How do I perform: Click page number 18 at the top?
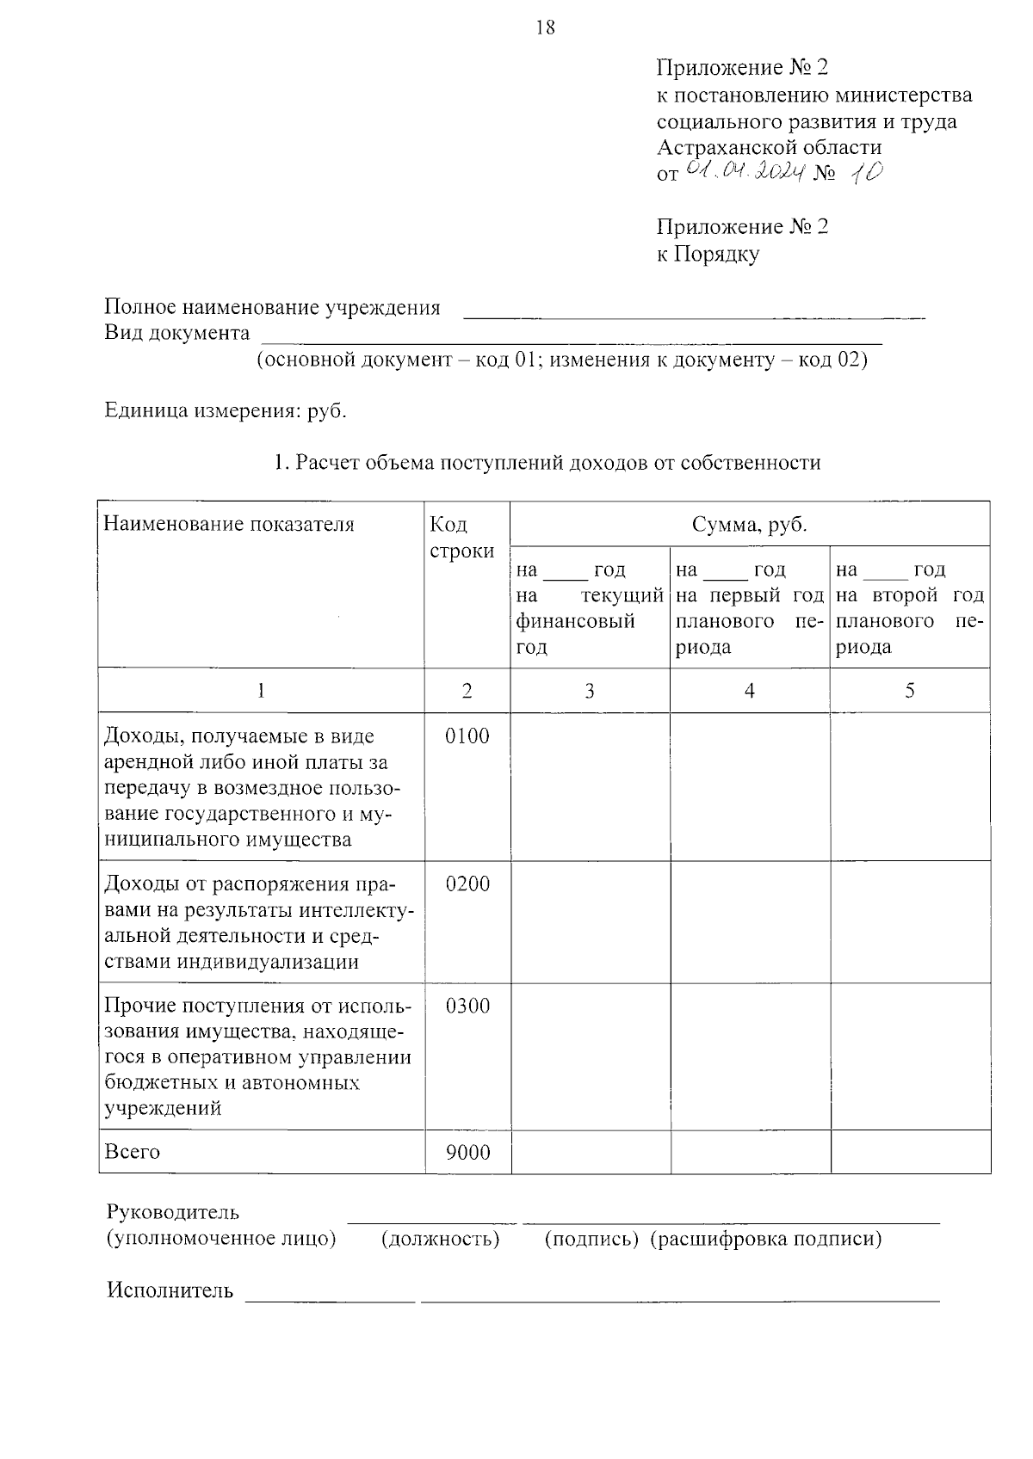pyautogui.click(x=545, y=28)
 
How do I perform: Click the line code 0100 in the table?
pyautogui.click(x=467, y=736)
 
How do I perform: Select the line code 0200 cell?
pyautogui.click(x=467, y=884)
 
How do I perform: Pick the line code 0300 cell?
pyautogui.click(x=467, y=1007)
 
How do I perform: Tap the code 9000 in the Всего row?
pyautogui.click(x=467, y=1153)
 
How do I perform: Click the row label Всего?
pyautogui.click(x=132, y=1153)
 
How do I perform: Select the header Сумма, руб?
pyautogui.click(x=749, y=525)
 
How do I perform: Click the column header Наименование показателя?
pyautogui.click(x=228, y=525)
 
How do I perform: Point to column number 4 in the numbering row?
pyautogui.click(x=749, y=691)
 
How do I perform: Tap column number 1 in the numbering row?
pyautogui.click(x=261, y=691)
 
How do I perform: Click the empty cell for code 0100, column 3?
pyautogui.click(x=590, y=786)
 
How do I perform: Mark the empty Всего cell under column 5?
pyautogui.click(x=910, y=1153)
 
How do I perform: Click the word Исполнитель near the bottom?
pyautogui.click(x=170, y=1290)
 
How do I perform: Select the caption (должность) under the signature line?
pyautogui.click(x=440, y=1239)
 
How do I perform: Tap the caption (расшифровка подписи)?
pyautogui.click(x=765, y=1239)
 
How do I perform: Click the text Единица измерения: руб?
pyautogui.click(x=226, y=410)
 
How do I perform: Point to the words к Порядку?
pyautogui.click(x=708, y=254)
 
